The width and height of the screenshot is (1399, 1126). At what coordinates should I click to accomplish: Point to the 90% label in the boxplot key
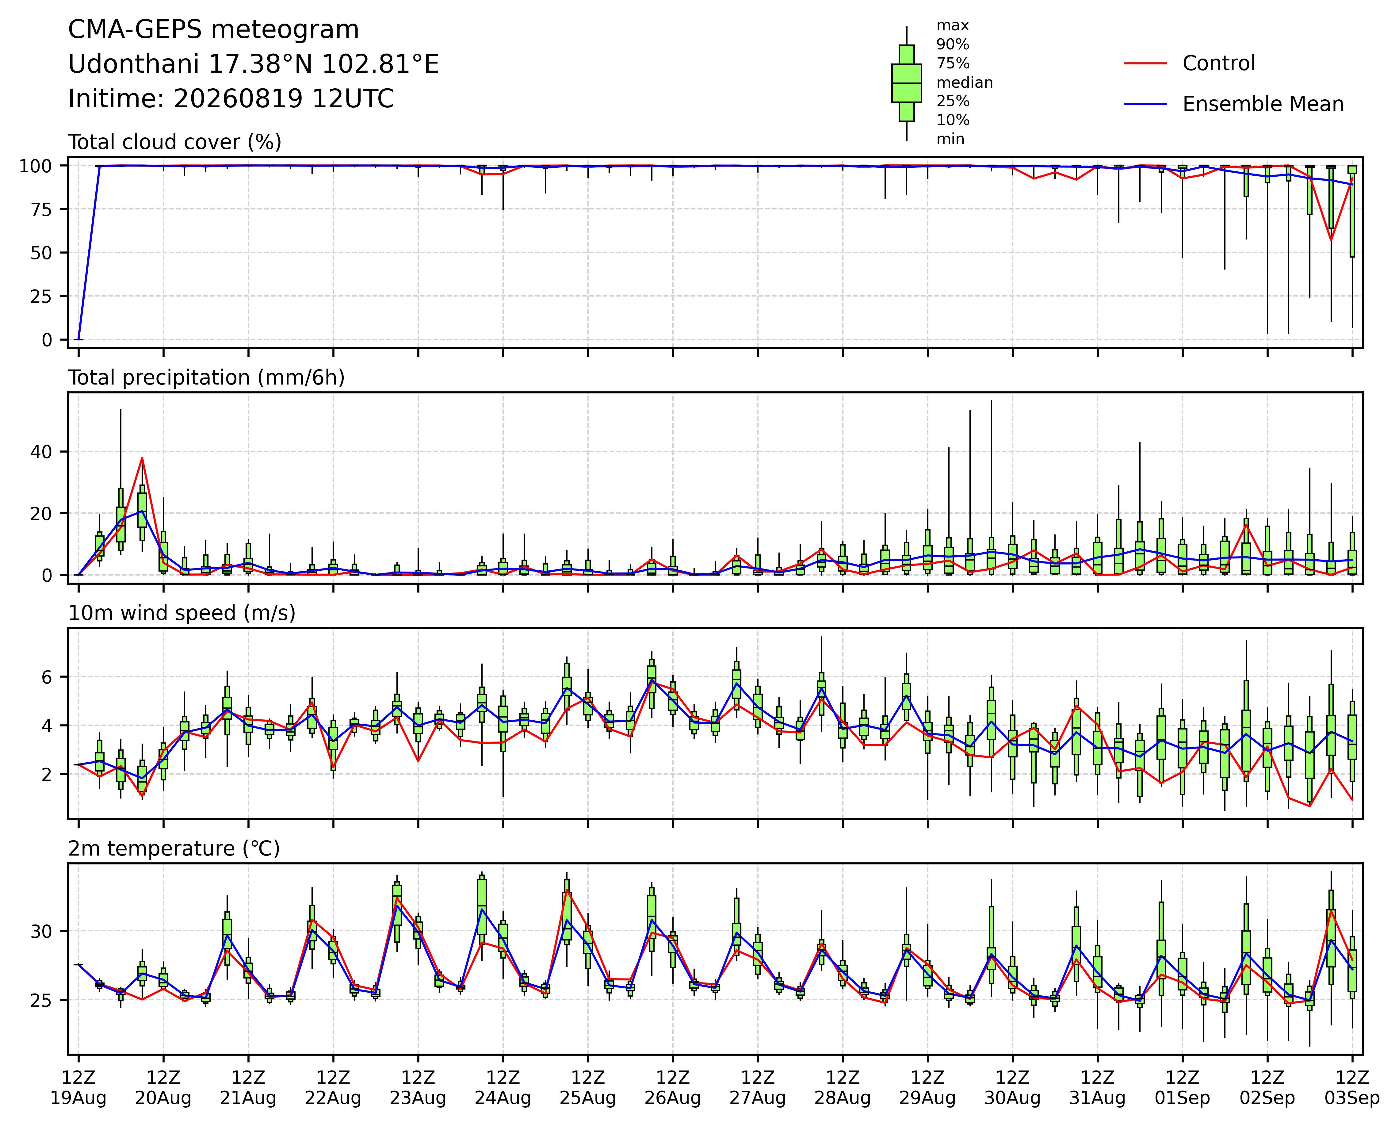953,45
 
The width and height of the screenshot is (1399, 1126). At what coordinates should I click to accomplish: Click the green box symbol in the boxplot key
907,83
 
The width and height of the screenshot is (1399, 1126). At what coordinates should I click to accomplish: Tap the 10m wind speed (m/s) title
182,613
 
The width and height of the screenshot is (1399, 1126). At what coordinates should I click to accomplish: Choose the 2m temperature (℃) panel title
174,849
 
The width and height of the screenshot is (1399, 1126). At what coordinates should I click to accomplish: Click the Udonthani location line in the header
254,64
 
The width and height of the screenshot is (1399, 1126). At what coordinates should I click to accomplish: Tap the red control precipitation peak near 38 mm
142,458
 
